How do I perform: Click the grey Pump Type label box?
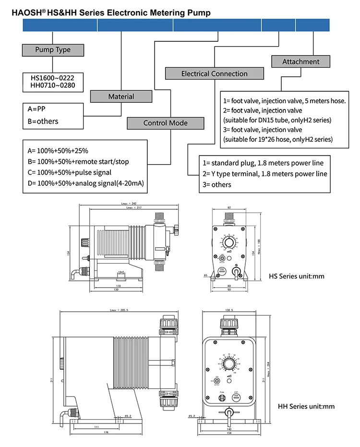[x=53, y=50]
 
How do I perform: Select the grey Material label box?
[x=121, y=97]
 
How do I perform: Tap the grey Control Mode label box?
[x=165, y=123]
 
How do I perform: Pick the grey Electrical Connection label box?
[x=215, y=73]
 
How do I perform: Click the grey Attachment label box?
[x=300, y=61]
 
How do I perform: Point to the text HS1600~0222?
[x=49, y=77]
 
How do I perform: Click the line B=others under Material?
[x=43, y=121]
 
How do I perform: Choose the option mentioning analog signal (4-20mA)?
[x=86, y=183]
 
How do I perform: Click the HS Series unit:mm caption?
[x=297, y=277]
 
